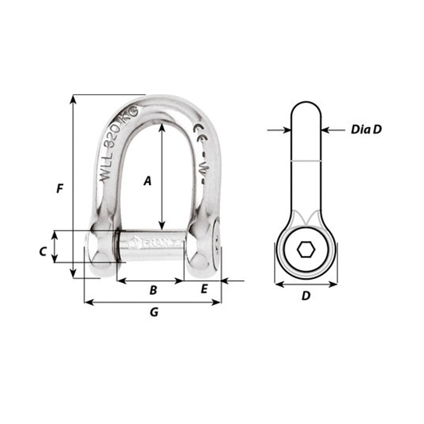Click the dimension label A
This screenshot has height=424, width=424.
(x=147, y=181)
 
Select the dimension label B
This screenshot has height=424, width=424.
(x=153, y=290)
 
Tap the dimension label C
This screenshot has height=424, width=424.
(x=42, y=251)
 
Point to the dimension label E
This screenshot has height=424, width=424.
(x=204, y=289)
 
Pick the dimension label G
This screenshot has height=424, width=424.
(x=154, y=312)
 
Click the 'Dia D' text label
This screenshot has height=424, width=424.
(x=366, y=130)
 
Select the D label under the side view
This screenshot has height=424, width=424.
(x=306, y=296)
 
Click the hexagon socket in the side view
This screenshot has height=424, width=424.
(x=306, y=250)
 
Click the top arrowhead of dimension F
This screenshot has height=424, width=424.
(x=73, y=99)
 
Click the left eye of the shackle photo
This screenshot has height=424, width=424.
(x=100, y=248)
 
